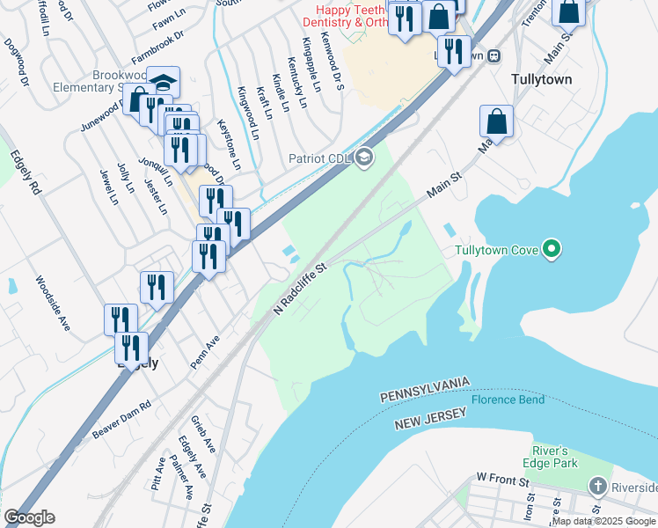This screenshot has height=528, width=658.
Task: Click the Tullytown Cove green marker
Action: point(552,250)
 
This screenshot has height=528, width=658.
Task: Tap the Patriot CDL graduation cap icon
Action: point(362,158)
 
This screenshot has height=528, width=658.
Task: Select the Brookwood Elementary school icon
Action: point(163,83)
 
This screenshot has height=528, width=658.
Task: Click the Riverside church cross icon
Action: point(598,487)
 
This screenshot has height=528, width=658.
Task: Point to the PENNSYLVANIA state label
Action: point(426,392)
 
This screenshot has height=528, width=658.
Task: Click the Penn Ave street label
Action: point(204,351)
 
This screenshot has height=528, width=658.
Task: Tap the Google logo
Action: point(28,517)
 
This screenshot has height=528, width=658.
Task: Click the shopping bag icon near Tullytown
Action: point(496,122)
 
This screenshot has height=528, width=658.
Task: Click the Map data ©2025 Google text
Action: point(603,521)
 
